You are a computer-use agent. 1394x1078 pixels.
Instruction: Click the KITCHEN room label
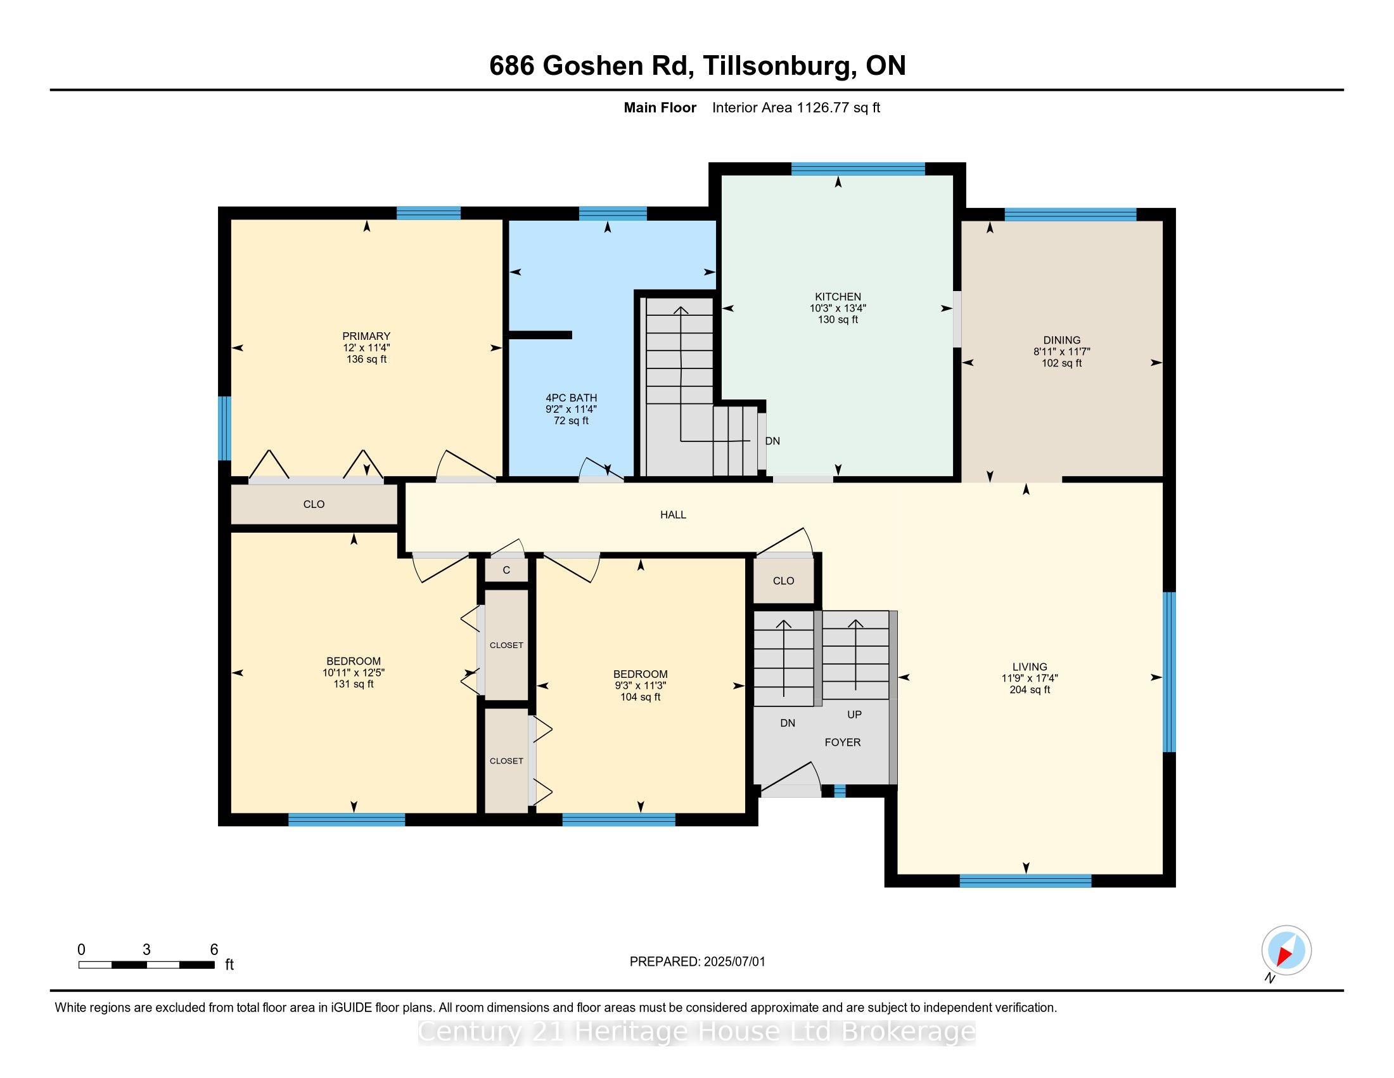tap(838, 297)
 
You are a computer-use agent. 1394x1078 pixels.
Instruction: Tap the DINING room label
tap(1061, 341)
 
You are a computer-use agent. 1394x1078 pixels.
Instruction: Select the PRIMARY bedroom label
tap(366, 337)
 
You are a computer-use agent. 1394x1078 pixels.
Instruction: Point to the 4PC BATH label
tap(572, 398)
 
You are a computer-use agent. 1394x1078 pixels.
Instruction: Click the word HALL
tap(673, 515)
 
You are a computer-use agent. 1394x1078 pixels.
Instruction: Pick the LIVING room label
tap(1029, 666)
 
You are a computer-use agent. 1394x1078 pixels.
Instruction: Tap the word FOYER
tap(843, 742)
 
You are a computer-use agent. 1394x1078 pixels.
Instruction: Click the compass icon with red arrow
tap(1286, 951)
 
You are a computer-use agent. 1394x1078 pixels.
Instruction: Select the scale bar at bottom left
tap(146, 965)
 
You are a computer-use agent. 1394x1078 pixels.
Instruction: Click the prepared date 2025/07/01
tap(734, 962)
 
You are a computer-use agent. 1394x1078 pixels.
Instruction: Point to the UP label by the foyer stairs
tap(854, 715)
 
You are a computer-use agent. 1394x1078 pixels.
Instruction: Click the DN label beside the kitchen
tap(772, 441)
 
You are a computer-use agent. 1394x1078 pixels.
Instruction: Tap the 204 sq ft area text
tap(1030, 690)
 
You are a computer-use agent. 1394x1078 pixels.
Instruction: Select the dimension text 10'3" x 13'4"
tap(838, 308)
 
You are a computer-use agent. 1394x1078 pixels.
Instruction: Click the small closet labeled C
tap(506, 569)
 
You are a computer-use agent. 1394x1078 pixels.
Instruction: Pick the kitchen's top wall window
tap(858, 169)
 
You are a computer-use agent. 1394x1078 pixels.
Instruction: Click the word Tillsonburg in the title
tap(779, 66)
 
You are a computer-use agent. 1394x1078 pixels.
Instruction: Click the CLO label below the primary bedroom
tap(314, 505)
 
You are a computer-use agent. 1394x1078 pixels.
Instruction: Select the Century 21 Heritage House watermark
tap(696, 1032)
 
